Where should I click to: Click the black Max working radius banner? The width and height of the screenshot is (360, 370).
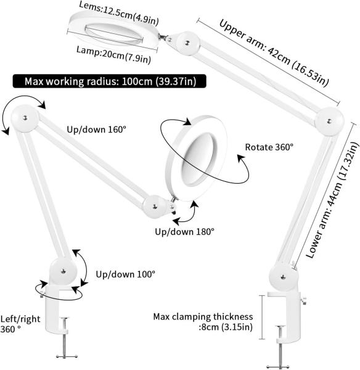[109, 81]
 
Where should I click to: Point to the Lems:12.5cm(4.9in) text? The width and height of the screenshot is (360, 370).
[119, 13]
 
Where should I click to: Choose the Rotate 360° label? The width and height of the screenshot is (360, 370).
[269, 147]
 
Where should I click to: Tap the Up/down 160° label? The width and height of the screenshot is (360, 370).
[97, 129]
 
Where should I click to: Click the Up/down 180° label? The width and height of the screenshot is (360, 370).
[185, 232]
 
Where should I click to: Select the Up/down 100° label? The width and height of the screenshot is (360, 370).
[126, 274]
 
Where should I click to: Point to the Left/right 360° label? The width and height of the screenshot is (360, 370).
[20, 324]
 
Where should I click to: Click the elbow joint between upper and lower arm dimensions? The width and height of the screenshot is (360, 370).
[329, 121]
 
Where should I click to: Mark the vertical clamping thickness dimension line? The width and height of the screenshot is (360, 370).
[262, 317]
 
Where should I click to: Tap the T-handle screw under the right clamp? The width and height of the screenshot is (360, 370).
[280, 347]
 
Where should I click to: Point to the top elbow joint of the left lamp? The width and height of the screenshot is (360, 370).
[25, 118]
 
